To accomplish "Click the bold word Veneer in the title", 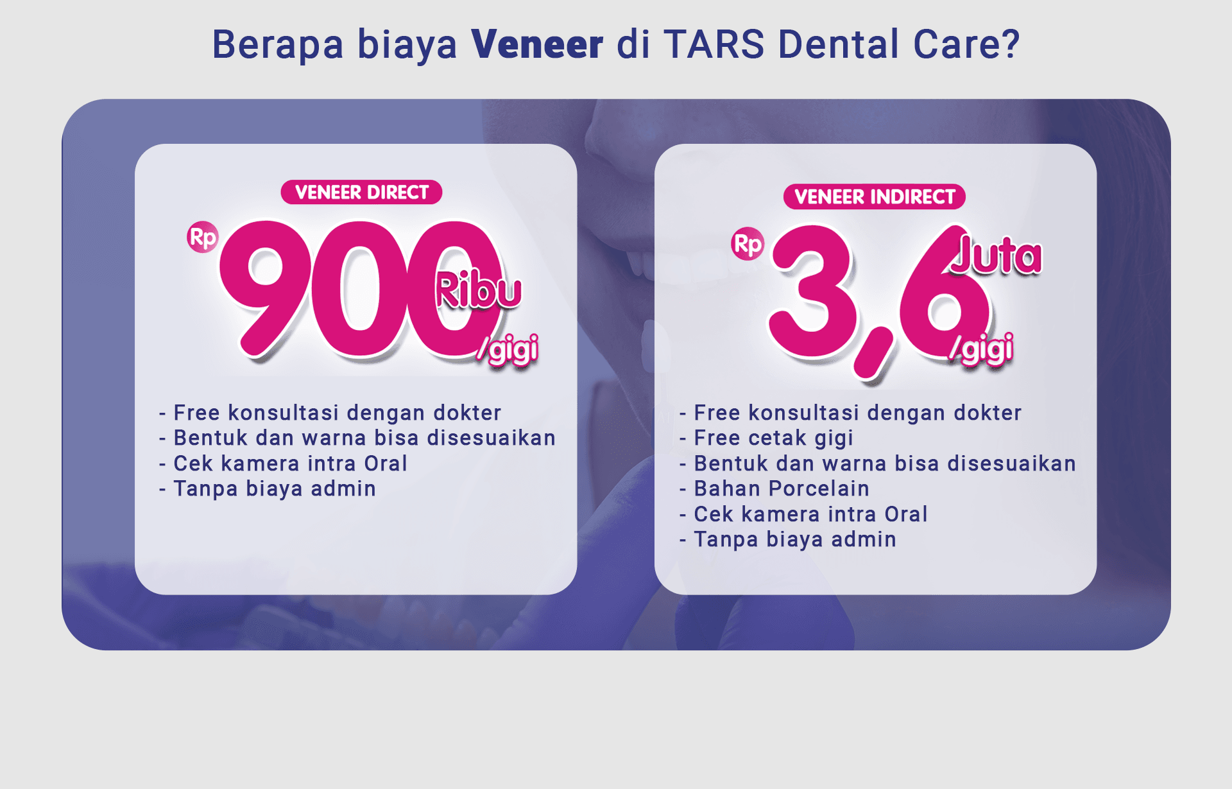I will point(537,44).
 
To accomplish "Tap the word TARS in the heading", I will point(714,44).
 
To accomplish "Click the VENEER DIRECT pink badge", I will point(361,193).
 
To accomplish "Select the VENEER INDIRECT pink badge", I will point(875,197).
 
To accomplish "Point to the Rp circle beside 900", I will point(203,238).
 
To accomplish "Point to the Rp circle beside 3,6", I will point(748,244).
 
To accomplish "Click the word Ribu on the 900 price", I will point(478,290).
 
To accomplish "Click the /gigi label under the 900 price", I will point(508,350).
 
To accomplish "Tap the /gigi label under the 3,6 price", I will point(982,349).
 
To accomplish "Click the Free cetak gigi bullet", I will point(773,438).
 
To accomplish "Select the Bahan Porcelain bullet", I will point(782,489).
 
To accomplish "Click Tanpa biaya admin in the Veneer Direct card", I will point(275,489).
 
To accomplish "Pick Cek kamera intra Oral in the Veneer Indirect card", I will point(810,514).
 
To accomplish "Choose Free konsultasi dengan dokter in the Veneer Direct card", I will point(337,413).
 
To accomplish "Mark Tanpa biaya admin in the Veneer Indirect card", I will point(795,539).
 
